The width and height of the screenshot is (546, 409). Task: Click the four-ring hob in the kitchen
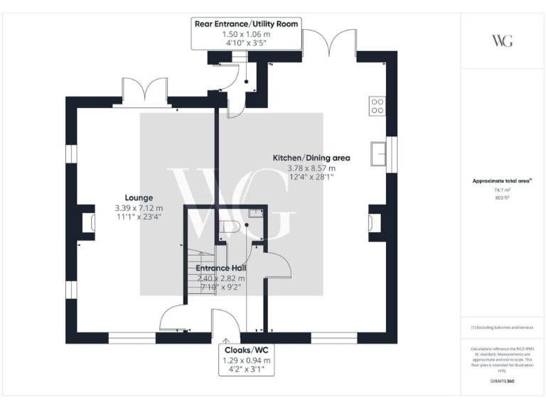tap(376, 106)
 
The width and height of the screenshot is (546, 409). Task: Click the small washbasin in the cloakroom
tap(256, 213)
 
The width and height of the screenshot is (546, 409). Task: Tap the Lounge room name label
tap(139, 197)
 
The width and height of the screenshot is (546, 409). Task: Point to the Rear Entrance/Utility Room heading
tap(247, 23)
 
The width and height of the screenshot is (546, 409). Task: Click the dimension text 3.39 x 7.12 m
tap(139, 208)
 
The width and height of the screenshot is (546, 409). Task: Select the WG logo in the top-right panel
tap(502, 40)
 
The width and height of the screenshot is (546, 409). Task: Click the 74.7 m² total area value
tap(502, 191)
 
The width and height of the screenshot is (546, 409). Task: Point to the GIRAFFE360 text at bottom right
tap(502, 382)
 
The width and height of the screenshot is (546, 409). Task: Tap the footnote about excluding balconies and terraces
tap(502, 327)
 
